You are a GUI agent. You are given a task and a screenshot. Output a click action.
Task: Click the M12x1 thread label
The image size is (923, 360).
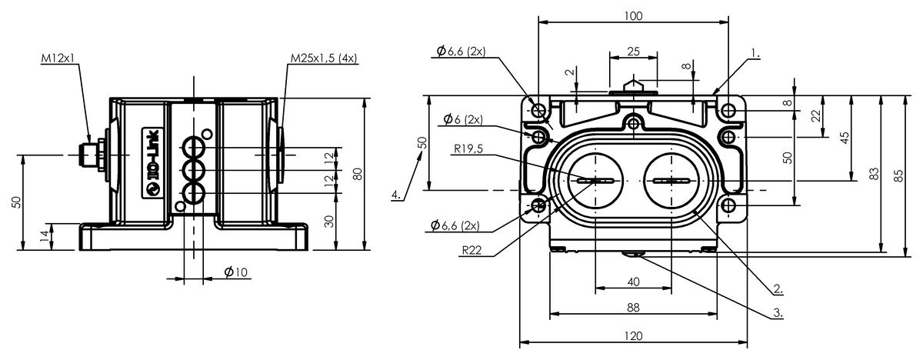tap(58, 58)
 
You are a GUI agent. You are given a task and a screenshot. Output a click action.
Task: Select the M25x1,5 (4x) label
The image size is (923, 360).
tap(324, 58)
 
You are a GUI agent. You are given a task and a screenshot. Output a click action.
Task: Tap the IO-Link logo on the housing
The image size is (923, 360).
tap(153, 163)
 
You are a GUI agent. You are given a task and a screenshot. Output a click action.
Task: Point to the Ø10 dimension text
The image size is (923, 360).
tap(236, 272)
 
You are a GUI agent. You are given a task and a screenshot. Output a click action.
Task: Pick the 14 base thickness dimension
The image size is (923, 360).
tap(45, 236)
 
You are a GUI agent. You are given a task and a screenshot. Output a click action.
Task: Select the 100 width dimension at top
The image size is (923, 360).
tap(633, 15)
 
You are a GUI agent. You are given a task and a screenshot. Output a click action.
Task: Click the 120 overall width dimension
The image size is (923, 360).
tap(633, 336)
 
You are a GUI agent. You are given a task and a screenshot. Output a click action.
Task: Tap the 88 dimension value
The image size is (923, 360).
tap(633, 308)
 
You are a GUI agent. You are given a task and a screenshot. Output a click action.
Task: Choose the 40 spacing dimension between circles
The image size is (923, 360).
tap(633, 282)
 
